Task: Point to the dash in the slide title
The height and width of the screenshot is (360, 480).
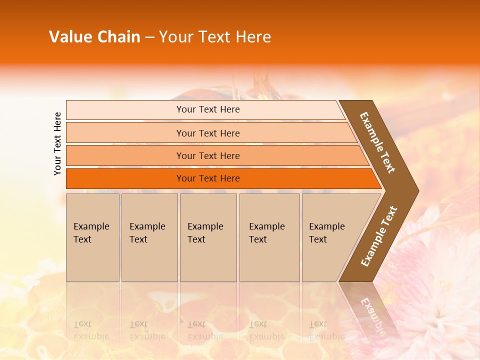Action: click(149, 37)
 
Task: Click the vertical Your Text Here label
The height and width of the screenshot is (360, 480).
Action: click(57, 143)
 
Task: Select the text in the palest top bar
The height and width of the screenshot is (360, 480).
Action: click(208, 109)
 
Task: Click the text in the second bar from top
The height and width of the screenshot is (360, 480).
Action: click(208, 133)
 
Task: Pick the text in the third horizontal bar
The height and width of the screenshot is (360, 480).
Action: click(208, 156)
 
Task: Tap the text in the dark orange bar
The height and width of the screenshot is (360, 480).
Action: click(208, 178)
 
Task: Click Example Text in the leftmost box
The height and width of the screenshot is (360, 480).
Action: click(91, 233)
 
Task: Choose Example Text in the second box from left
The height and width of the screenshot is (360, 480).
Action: click(147, 233)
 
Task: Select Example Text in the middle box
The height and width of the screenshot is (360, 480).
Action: click(205, 233)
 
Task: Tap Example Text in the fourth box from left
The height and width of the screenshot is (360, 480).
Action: click(266, 233)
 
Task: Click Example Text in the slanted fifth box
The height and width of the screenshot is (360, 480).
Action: click(326, 233)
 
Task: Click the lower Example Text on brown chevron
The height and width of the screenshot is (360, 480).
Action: click(378, 236)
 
